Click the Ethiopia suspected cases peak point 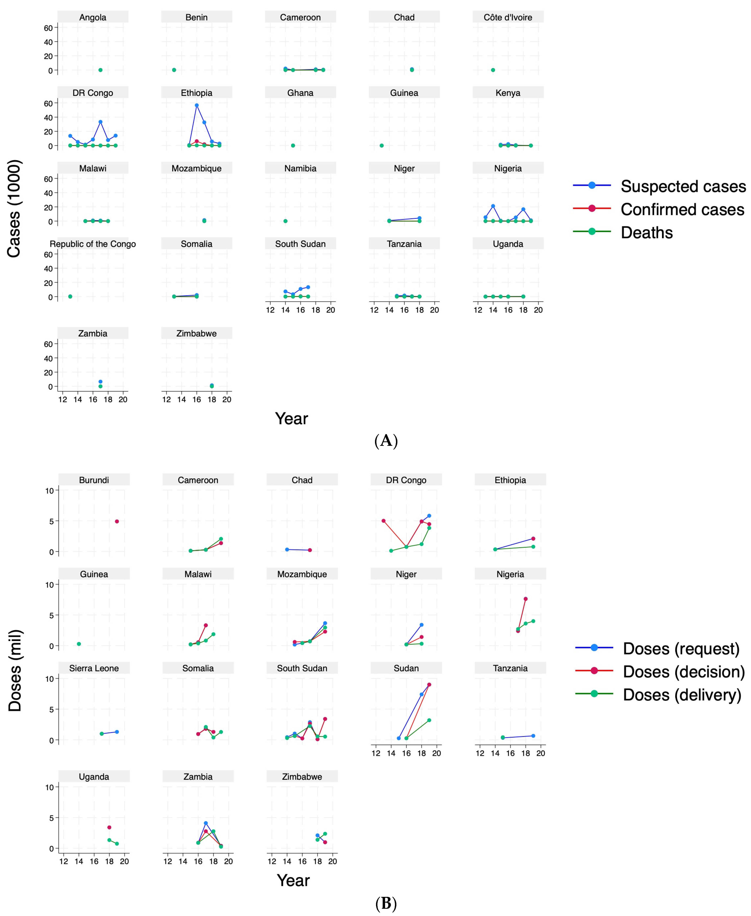point(196,105)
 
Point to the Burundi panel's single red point point(117,521)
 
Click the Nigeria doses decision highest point point(526,599)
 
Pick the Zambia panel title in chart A point(93,333)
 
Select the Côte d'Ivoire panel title point(508,17)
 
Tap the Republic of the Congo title point(93,244)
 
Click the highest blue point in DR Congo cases point(100,122)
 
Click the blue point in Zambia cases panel point(100,382)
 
